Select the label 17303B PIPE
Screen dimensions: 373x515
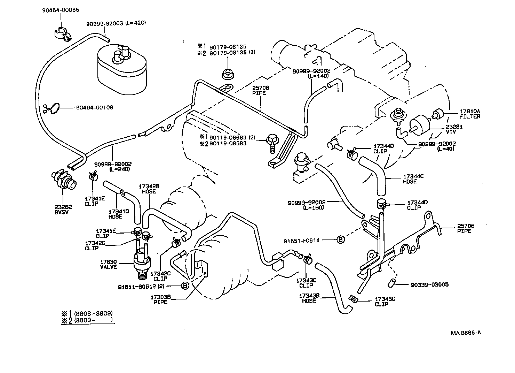tap(160, 300)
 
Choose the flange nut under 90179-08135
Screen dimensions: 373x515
tap(227, 74)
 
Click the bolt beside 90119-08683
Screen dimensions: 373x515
tap(272, 142)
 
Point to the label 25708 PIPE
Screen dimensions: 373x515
tap(261, 91)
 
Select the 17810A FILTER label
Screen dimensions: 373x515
tap(470, 114)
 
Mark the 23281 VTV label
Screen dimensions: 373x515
tap(453, 130)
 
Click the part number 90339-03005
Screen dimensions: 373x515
tap(429, 284)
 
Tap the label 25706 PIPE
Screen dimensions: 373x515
tap(466, 228)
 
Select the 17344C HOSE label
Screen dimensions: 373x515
tap(413, 179)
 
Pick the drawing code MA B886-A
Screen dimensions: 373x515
tap(466, 333)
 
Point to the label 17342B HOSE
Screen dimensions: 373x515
tap(149, 189)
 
